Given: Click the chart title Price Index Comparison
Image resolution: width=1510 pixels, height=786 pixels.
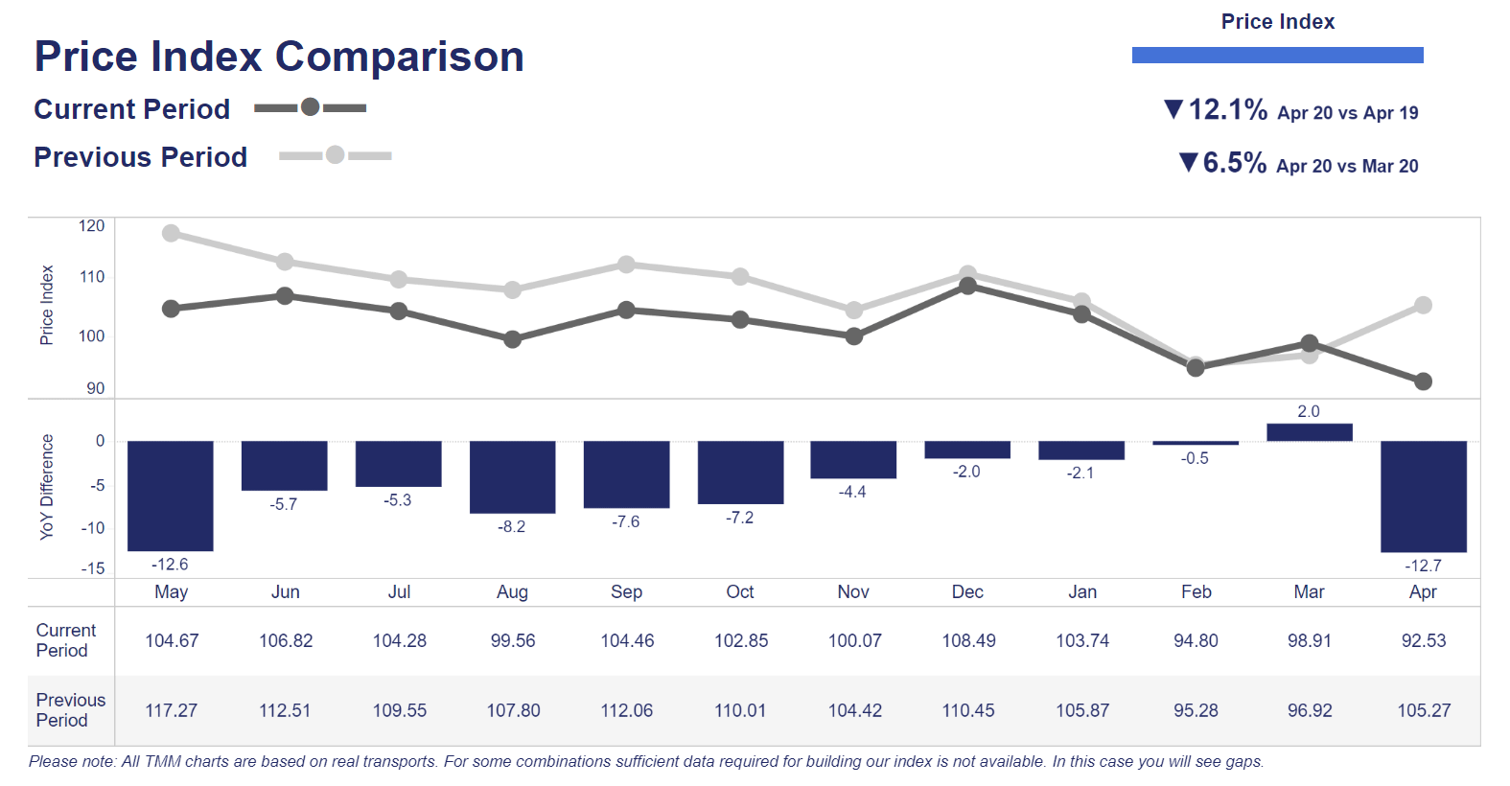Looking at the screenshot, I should point(279,57).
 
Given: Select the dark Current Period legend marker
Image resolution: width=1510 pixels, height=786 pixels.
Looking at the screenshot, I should point(310,107).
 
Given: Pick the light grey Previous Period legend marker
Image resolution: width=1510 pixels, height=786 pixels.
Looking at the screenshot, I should point(335,155).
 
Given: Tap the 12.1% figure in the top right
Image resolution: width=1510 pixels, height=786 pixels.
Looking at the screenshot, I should point(1227,110).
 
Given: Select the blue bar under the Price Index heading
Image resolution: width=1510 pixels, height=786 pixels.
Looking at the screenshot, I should point(1277,56).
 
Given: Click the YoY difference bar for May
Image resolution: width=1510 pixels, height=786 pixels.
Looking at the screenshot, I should point(171,496).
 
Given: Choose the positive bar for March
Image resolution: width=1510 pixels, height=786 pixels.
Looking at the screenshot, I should point(1309,432).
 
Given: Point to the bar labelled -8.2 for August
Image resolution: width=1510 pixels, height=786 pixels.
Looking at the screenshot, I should point(512,476).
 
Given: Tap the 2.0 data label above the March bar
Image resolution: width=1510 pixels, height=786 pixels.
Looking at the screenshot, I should point(1309,411).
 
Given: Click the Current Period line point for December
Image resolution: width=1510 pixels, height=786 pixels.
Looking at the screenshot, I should point(967,286).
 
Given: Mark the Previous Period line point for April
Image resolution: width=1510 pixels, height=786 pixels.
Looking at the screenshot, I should point(1423,306).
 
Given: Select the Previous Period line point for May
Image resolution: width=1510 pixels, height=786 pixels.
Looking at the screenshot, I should point(171,233).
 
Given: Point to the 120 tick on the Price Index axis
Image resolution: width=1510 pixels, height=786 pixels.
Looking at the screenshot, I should point(92,226).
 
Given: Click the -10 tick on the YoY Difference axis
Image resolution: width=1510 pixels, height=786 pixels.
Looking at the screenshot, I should point(93,528).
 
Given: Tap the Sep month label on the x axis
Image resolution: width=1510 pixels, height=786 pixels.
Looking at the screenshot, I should point(626,592).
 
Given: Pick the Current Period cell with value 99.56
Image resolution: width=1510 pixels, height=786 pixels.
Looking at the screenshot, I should point(513,641).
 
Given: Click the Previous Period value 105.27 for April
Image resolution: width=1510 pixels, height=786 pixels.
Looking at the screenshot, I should point(1424,711).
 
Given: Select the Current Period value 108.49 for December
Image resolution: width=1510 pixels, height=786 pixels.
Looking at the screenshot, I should point(968,641).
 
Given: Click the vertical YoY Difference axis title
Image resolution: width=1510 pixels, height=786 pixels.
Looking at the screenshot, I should point(47,487).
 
